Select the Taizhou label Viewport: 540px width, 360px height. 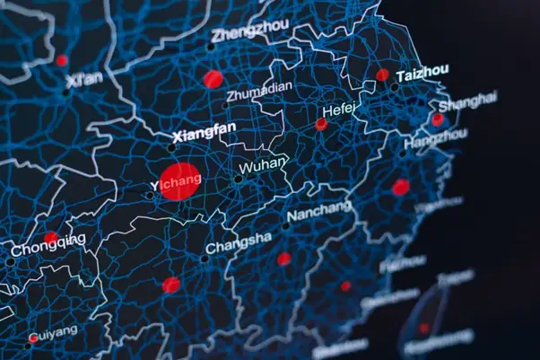tap(421, 74)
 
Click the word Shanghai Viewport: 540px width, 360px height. tap(466, 100)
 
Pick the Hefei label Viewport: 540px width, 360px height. tap(339, 110)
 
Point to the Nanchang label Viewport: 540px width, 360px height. tap(319, 212)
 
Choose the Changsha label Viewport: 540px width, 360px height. tap(239, 242)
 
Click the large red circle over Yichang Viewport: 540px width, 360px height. tap(179, 180)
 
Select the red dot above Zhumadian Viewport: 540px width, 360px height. tap(213, 79)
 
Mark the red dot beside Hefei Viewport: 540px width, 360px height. tap(320, 124)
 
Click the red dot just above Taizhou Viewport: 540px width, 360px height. tap(383, 75)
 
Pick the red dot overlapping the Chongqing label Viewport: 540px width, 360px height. tap(51, 238)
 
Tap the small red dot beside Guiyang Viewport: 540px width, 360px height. tap(33, 338)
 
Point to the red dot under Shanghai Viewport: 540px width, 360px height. tap(437, 119)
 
